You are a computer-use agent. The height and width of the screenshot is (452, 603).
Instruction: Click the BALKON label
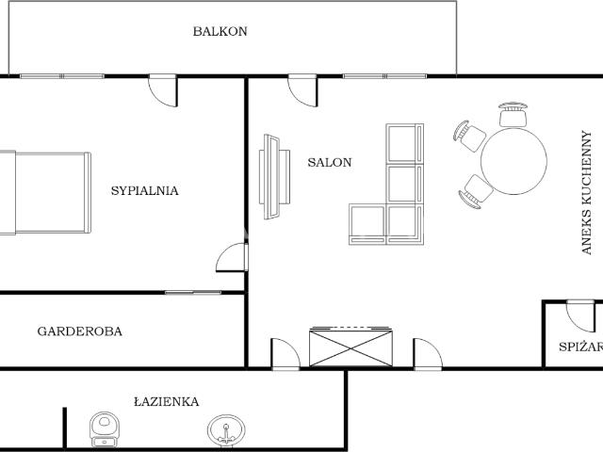pos(220,31)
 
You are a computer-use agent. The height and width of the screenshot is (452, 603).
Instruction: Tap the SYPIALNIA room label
pos(144,190)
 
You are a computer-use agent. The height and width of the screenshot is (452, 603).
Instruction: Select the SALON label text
pos(330,162)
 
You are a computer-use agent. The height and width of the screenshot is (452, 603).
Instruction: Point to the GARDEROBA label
pos(79,331)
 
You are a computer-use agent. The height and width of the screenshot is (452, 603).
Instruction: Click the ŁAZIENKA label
pos(167,402)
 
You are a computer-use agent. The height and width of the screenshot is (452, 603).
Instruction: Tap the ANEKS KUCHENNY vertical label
pos(586,192)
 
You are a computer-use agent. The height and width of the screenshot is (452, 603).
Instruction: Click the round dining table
pos(513,161)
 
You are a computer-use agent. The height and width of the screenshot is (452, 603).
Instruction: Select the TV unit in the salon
pos(274,176)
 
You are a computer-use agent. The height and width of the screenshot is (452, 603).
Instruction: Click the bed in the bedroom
pos(45,192)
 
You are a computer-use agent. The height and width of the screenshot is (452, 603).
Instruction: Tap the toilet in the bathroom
pos(105,430)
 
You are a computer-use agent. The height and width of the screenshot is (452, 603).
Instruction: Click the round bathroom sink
pos(226,430)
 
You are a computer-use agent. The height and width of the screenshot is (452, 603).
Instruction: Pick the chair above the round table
pos(513,114)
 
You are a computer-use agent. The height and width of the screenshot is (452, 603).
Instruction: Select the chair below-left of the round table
pos(476,191)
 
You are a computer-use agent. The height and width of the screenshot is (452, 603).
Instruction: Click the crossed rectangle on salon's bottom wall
pos(350,347)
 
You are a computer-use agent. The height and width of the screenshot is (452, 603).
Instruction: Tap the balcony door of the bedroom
pos(163,90)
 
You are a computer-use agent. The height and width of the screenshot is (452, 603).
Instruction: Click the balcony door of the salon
pos(302,90)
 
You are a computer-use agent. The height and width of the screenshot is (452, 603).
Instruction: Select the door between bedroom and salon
pos(232,257)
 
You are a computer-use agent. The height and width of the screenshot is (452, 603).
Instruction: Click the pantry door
pos(580,316)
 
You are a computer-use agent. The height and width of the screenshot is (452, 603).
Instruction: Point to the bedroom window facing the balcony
pos(62,76)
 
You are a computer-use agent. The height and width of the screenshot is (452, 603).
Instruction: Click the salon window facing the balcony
pos(384,76)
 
